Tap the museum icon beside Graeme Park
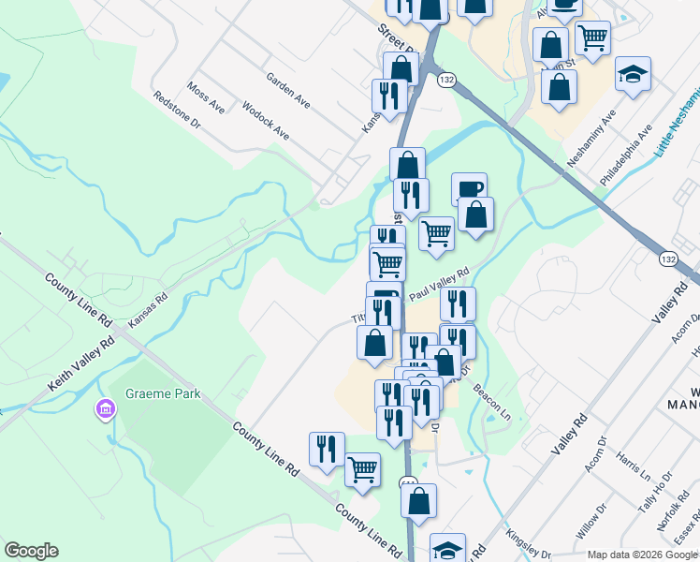[105, 409]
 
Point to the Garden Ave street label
[287, 89]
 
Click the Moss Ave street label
[206, 97]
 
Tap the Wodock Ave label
[266, 120]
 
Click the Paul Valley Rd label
[438, 282]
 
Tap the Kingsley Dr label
[527, 546]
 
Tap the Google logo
[31, 551]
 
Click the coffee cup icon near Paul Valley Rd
[469, 188]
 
